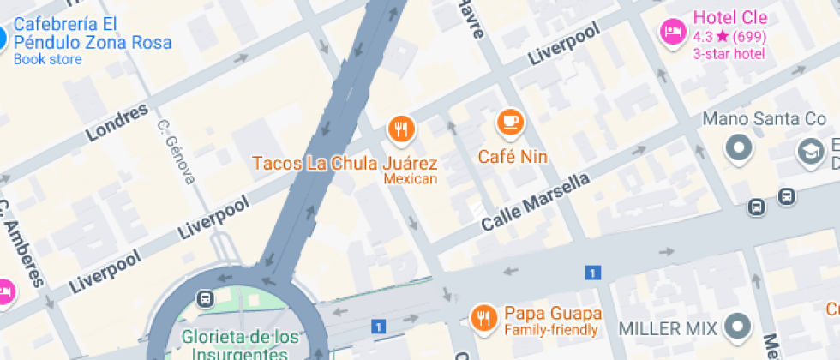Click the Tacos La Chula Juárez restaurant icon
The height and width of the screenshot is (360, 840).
click(x=401, y=129)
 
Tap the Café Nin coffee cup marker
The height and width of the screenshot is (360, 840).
click(x=512, y=123)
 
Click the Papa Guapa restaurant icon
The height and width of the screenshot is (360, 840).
click(x=484, y=318)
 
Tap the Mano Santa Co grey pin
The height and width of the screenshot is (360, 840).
click(x=737, y=149)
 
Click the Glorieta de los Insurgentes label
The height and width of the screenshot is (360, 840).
click(x=234, y=343)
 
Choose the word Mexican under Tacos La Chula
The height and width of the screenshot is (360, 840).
click(x=410, y=179)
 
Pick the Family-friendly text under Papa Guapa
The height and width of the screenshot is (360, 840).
click(x=552, y=330)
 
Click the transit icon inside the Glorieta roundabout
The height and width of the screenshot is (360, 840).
click(x=205, y=298)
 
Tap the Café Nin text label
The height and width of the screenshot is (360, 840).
click(x=512, y=157)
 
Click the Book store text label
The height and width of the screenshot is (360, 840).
click(x=48, y=59)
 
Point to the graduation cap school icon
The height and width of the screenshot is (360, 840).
click(x=809, y=152)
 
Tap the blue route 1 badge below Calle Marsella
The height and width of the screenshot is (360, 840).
click(x=591, y=273)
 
